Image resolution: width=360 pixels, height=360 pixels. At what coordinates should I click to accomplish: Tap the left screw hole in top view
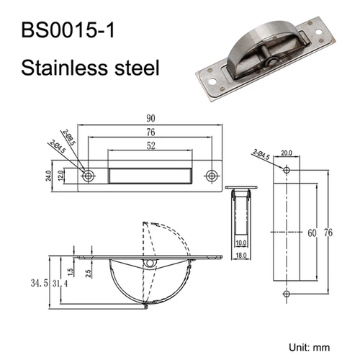(x=89, y=175)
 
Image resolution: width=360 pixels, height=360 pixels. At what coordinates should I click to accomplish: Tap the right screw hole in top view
(x=212, y=175)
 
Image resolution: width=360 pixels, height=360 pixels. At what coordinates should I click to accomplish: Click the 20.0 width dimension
(x=287, y=153)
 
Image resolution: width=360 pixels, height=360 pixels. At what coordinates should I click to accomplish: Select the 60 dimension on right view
(x=312, y=233)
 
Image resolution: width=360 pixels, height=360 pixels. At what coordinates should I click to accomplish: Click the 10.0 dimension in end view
(x=240, y=243)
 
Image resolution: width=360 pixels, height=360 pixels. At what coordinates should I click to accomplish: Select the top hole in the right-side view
(x=287, y=170)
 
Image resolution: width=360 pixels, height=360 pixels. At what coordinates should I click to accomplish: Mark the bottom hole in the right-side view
(x=287, y=294)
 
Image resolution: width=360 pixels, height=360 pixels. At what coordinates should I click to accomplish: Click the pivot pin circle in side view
(x=148, y=264)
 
